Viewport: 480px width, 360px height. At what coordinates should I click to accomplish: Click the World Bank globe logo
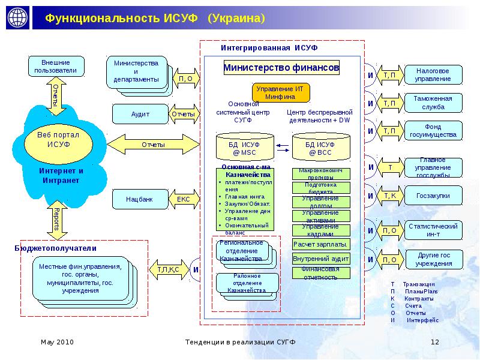point(17,18)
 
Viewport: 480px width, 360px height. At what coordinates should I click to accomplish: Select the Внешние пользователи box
point(55,66)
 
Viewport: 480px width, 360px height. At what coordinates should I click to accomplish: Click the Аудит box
point(140,113)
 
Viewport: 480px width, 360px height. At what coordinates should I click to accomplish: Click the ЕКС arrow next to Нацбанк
point(183,198)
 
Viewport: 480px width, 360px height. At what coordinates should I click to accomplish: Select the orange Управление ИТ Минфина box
point(276,92)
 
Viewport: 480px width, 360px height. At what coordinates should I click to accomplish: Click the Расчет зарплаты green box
point(320,244)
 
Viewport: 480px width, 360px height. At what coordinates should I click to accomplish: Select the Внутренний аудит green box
point(320,259)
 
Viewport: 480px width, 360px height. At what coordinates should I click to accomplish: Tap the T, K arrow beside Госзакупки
point(389,196)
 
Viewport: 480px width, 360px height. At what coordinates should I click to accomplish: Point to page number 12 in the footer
point(436,342)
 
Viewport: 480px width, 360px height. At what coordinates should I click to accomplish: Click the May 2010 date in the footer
point(57,342)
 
